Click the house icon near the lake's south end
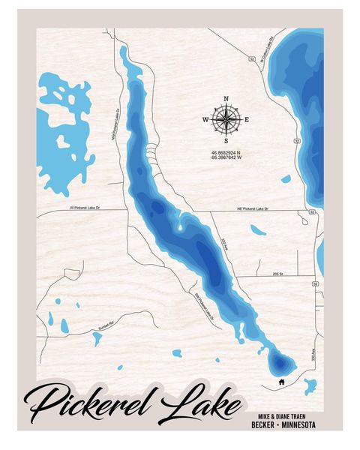tap(280, 381)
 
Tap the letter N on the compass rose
tap(226, 98)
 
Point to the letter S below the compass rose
tap(226, 140)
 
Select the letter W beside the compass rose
tap(205, 120)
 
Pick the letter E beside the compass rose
tap(247, 120)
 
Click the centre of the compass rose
tap(226, 119)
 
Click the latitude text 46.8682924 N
tap(226, 153)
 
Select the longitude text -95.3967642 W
tap(226, 159)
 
